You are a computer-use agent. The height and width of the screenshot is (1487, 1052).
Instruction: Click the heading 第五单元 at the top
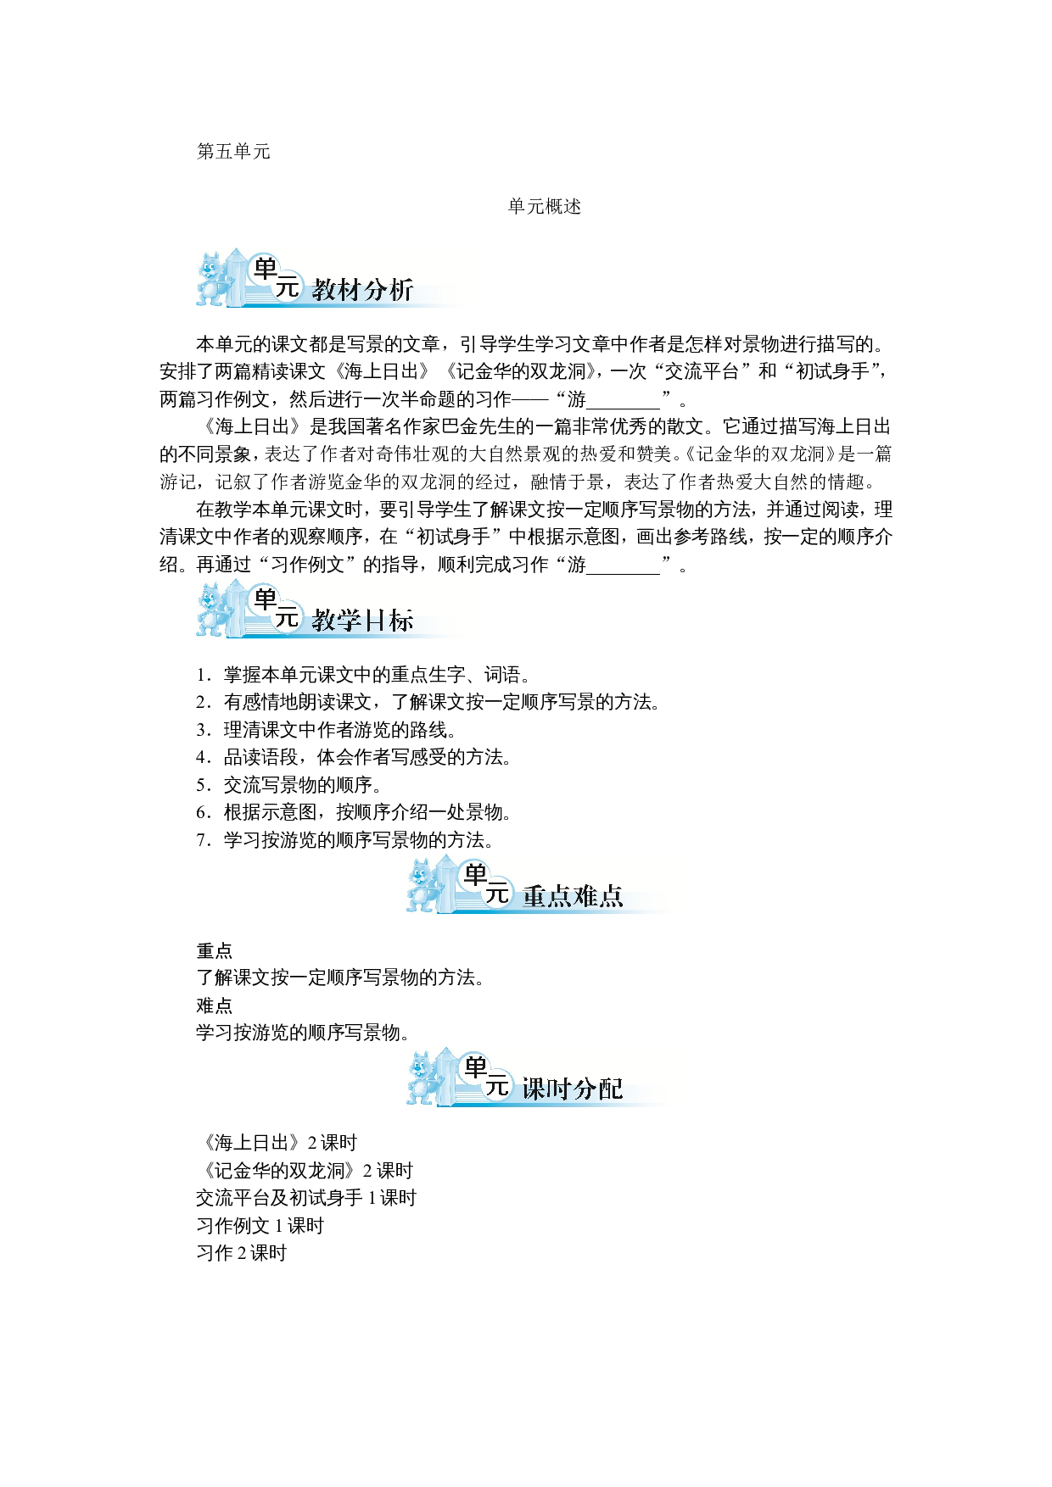233,152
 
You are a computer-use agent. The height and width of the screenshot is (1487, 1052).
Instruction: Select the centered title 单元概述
544,207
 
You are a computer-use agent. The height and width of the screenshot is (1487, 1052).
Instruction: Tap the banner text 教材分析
362,290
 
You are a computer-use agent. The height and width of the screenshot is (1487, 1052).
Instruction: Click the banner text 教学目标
362,621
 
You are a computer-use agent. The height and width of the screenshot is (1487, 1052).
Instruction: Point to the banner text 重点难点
573,896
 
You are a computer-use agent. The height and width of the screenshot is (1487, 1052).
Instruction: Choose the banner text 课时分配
573,1089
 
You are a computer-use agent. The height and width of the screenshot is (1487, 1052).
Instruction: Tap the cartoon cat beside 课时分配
424,1077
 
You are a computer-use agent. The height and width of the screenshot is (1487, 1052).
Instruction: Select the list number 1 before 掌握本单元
202,676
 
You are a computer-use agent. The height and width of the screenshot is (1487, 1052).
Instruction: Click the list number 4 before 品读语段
202,758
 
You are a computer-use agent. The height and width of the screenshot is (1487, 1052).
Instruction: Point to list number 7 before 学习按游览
202,841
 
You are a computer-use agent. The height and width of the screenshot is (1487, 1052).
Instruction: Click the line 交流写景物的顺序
303,785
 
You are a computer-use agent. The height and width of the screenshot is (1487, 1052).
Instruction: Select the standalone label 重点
215,951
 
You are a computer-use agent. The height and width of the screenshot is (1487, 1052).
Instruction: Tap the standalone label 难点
215,1006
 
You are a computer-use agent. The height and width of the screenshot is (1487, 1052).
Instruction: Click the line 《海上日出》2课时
277,1143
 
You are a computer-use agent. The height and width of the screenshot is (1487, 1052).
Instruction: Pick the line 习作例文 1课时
260,1226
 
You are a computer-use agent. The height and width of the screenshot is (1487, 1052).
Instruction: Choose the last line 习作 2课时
242,1253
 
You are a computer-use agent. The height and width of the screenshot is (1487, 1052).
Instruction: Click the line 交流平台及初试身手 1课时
306,1198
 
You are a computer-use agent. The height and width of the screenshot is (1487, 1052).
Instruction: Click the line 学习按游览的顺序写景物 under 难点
304,1033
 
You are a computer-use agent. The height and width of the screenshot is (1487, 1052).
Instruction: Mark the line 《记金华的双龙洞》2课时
305,1171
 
